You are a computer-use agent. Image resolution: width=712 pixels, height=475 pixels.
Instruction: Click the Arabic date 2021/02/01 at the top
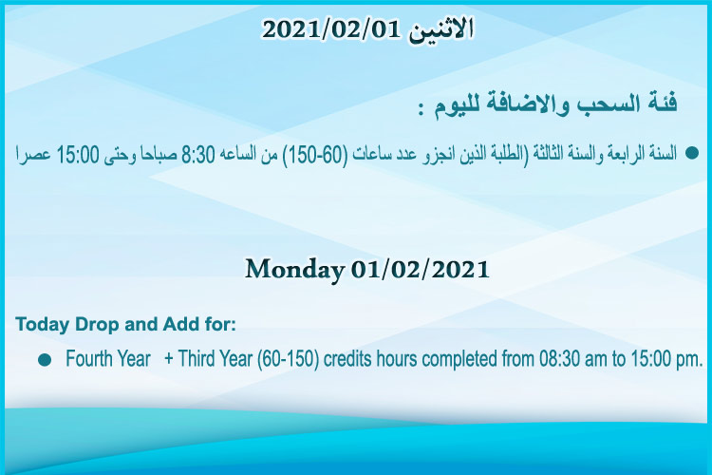click(x=332, y=30)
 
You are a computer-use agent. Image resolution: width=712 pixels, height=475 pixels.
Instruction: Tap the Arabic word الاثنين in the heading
click(x=440, y=31)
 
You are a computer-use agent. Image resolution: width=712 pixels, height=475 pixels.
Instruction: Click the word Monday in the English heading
click(x=294, y=270)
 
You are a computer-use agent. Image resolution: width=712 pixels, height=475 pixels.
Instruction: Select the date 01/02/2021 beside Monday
click(x=420, y=270)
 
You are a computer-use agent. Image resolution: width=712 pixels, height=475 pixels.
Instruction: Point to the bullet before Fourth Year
click(x=45, y=360)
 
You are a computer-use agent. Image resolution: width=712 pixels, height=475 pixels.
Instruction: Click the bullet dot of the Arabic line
click(x=691, y=153)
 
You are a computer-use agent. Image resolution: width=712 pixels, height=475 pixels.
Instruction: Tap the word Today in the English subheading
click(x=43, y=325)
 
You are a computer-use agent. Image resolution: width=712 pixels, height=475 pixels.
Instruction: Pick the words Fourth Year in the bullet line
click(x=107, y=359)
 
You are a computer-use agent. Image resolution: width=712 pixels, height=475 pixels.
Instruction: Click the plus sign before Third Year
click(x=169, y=359)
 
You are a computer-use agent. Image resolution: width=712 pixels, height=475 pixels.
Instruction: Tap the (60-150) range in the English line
click(x=288, y=359)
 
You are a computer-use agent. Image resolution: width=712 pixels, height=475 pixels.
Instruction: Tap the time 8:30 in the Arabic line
click(x=198, y=155)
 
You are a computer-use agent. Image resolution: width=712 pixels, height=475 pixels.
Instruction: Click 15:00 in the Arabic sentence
click(x=78, y=155)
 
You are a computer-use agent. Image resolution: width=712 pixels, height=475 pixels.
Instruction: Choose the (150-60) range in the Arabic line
click(x=315, y=155)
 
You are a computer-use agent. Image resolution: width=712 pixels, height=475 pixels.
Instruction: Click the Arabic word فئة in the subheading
click(x=660, y=103)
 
